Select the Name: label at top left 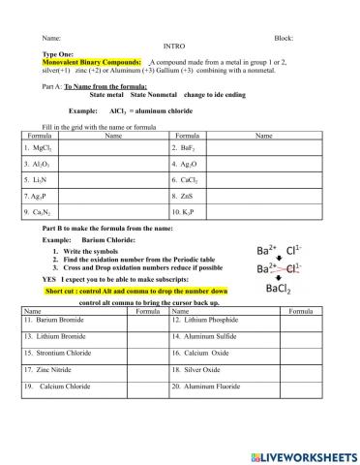tap(51, 37)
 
